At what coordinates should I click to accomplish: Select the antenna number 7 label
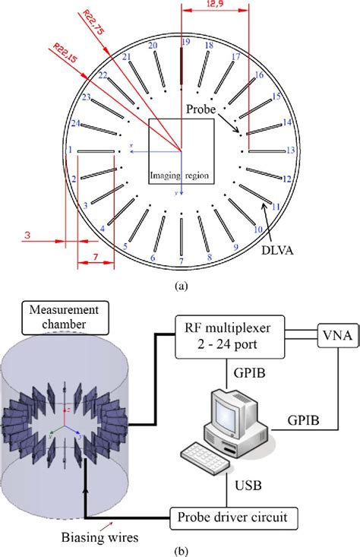pos(181,262)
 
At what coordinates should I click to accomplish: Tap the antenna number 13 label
pos(291,151)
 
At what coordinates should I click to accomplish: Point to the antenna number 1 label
pos(70,150)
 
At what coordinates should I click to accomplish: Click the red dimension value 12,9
pos(215,5)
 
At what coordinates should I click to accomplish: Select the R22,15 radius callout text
pos(66,57)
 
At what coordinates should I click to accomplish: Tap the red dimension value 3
pos(27,237)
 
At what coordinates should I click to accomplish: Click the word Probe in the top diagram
pos(201,109)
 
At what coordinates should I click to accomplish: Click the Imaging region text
pos(181,176)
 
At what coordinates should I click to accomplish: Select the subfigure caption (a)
pos(181,286)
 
